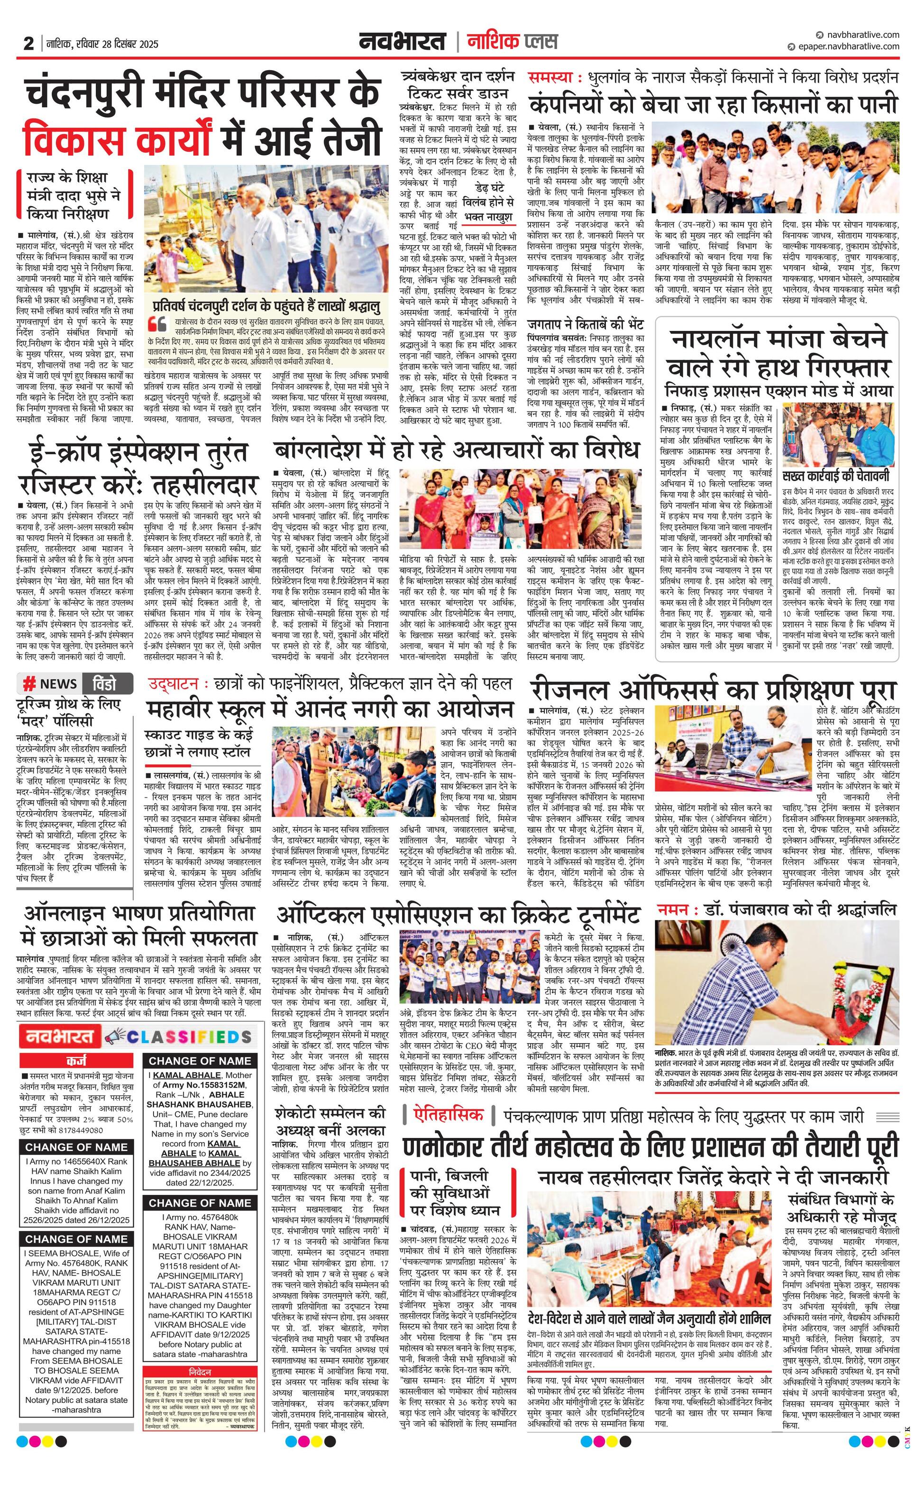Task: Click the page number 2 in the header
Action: pos(28,44)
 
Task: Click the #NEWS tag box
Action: pos(51,684)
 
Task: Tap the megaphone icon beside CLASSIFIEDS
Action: pos(114,1036)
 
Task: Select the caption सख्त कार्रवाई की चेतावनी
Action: pos(836,476)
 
